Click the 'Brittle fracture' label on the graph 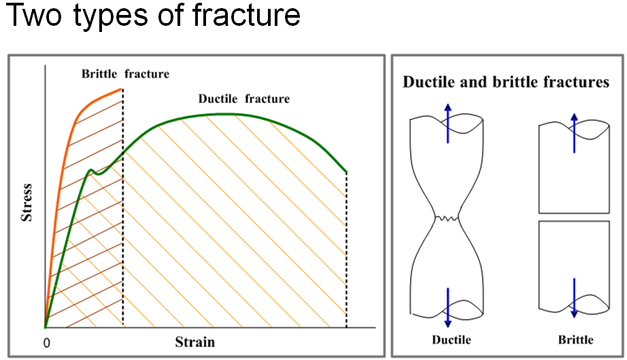click(126, 73)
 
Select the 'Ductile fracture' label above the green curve click(243, 99)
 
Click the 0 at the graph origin click(46, 343)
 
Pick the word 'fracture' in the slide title click(249, 15)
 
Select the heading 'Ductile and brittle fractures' click(506, 82)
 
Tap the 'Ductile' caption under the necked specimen click(451, 340)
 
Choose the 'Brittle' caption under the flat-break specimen click(574, 340)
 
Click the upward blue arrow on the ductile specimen click(447, 122)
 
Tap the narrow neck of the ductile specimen click(447, 218)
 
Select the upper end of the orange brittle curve click(121, 89)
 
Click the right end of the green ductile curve click(346, 171)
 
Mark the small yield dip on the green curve click(97, 174)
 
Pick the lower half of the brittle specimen click(573, 265)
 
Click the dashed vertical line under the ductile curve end click(347, 252)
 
